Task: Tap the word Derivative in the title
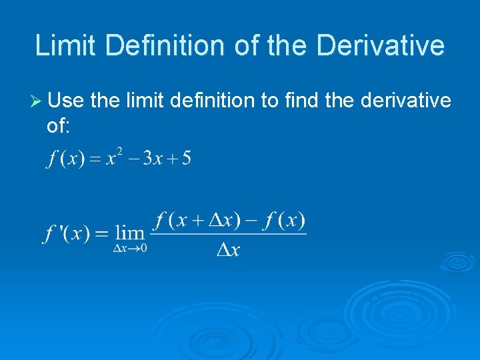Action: coord(381,46)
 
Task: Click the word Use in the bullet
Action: coord(67,101)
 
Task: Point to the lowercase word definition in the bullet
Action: coord(212,101)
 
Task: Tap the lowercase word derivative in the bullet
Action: coord(405,101)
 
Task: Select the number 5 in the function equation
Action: coord(186,159)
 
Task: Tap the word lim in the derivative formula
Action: coord(130,233)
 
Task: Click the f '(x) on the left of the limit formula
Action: coord(67,234)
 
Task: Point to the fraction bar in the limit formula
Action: coord(229,233)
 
